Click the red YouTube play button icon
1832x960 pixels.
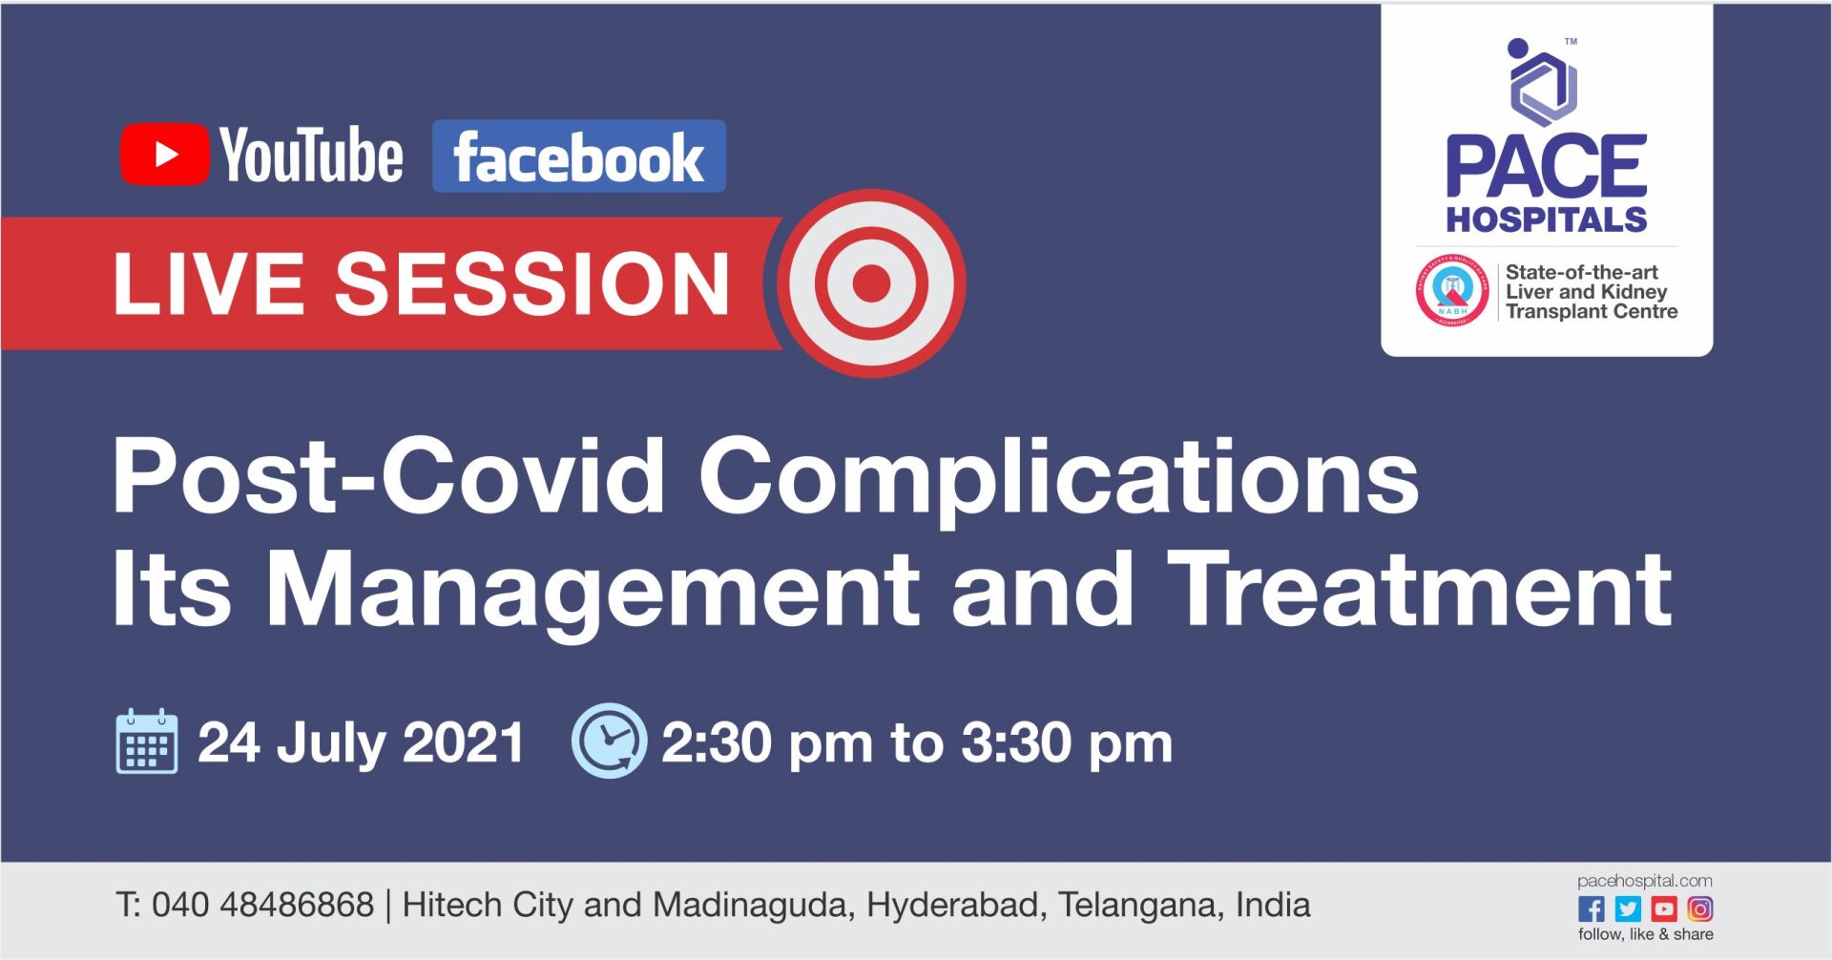[x=164, y=154]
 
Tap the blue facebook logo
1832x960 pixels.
[x=578, y=157]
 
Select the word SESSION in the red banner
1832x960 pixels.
[x=532, y=283]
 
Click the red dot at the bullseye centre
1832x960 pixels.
[x=871, y=283]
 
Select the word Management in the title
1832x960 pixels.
[x=593, y=592]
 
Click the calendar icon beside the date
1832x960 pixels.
[x=146, y=741]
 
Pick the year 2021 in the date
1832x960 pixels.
[x=464, y=742]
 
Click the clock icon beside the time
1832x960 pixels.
[x=609, y=741]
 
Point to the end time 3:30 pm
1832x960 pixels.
[x=1066, y=743]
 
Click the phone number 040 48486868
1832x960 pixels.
[x=262, y=905]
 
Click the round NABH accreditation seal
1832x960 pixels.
[x=1451, y=291]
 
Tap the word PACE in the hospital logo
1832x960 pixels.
[x=1546, y=167]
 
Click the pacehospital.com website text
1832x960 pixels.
[x=1644, y=881]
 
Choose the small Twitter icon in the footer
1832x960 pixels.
[x=1628, y=908]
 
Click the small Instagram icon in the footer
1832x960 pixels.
[x=1699, y=908]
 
